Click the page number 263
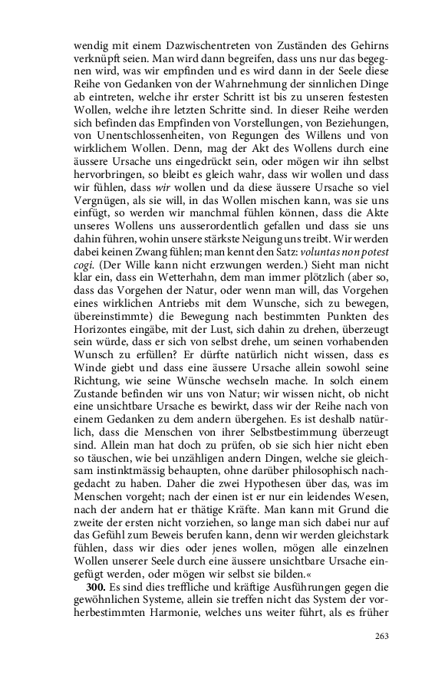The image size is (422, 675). coord(382,636)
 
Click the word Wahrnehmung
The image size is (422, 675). coord(246,78)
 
